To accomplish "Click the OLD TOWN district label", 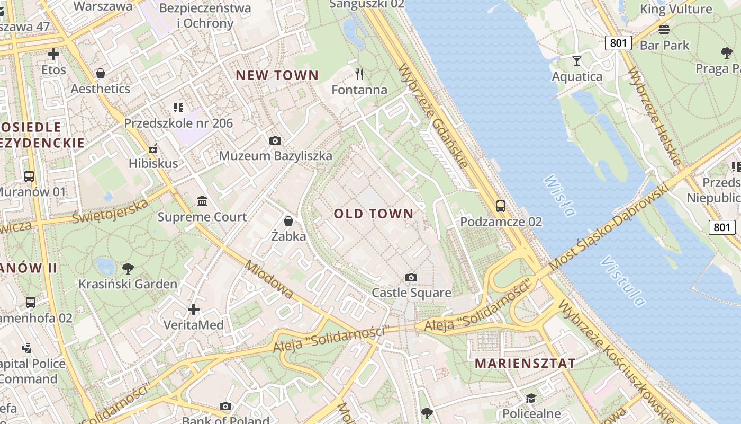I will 373,214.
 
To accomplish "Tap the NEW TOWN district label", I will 277,75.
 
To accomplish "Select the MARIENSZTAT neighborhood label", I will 525,364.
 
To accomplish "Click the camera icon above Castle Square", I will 411,277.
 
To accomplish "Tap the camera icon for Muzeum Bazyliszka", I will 275,140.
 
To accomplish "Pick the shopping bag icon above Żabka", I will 288,220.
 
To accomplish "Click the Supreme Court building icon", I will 202,201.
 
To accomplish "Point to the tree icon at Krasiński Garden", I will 128,268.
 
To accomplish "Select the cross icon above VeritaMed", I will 194,309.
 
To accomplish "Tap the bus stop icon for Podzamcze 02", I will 500,206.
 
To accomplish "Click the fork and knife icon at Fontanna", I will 359,74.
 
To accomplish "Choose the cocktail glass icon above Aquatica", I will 576,61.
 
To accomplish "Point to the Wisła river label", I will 559,196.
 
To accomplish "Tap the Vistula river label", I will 623,281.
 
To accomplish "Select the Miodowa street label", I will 269,279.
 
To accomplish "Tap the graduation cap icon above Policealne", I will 530,398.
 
